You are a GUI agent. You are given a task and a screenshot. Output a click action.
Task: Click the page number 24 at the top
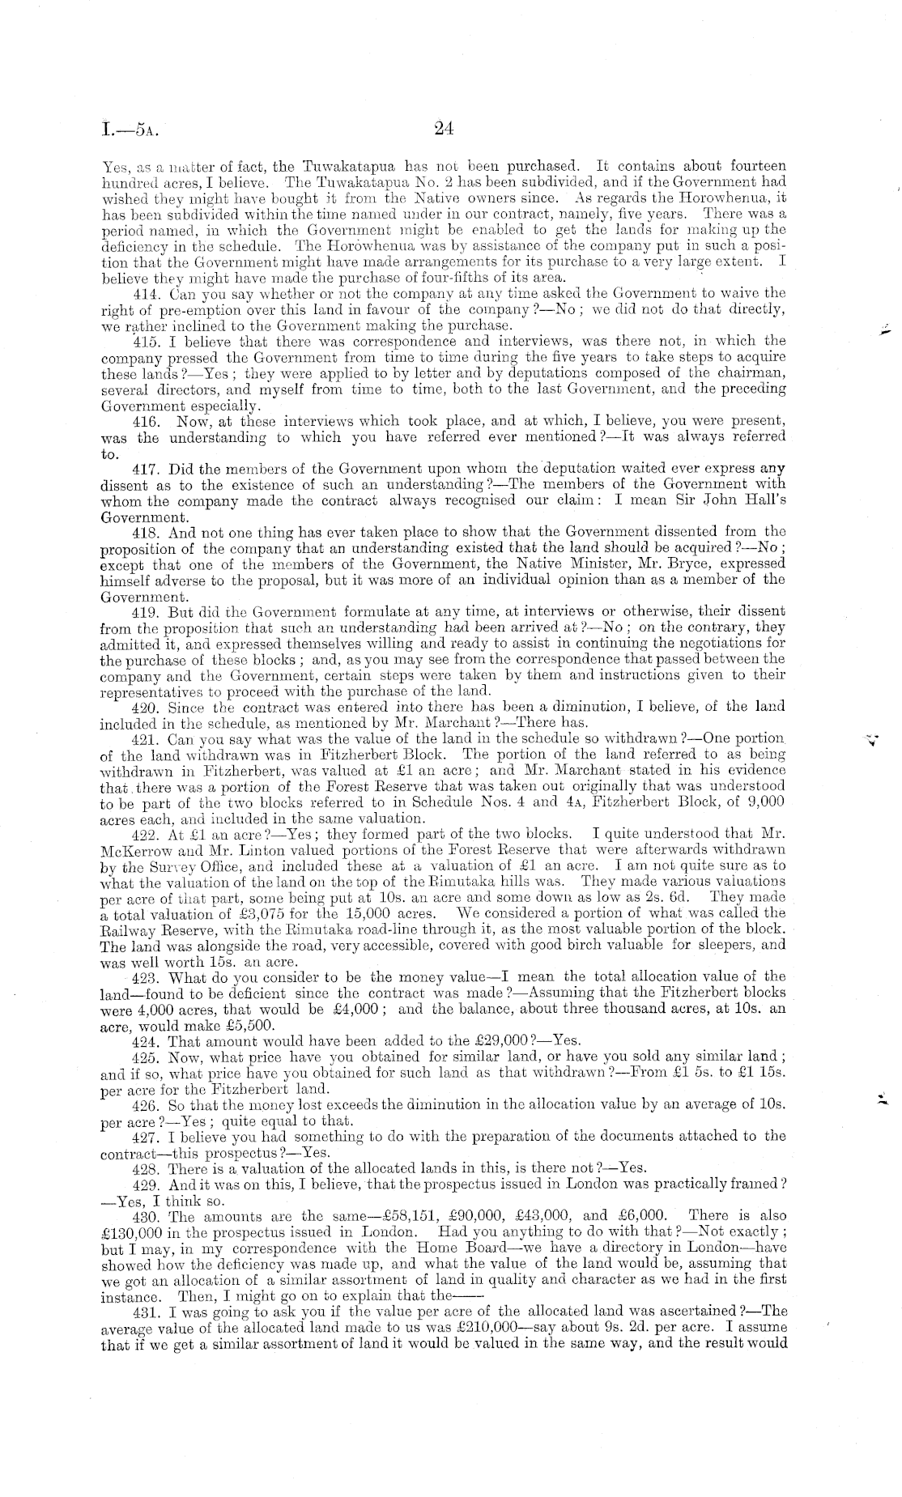442,127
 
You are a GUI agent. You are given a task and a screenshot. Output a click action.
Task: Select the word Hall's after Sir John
759,500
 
